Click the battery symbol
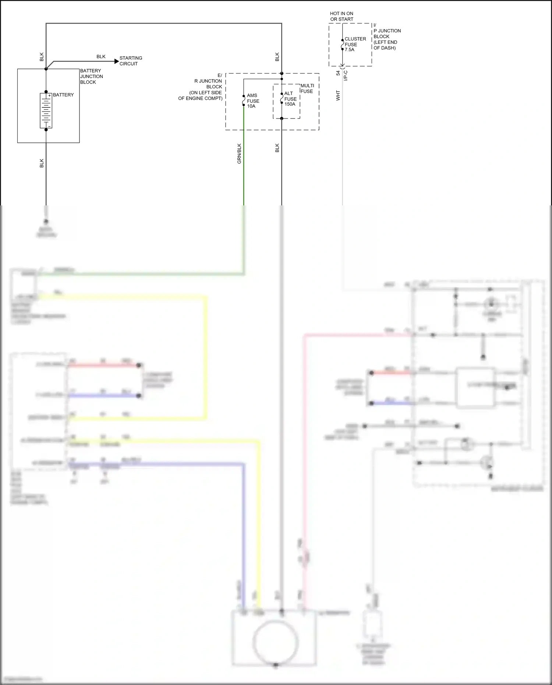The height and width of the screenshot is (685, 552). [x=46, y=110]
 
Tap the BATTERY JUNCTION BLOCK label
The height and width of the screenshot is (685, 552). [x=91, y=77]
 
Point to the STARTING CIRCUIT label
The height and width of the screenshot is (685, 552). [x=131, y=61]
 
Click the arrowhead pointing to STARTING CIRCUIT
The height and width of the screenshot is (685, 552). [x=117, y=61]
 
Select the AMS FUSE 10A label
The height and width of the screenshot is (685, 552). [x=253, y=101]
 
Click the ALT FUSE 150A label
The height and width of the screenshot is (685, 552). [x=290, y=99]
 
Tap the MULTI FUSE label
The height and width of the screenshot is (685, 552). [x=307, y=88]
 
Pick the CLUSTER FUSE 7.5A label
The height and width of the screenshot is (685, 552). [x=355, y=44]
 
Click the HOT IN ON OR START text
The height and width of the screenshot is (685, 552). [x=342, y=16]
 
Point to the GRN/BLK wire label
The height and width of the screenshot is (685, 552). [x=239, y=153]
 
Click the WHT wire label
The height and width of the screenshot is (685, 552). [x=338, y=96]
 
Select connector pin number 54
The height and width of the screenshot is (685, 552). [x=338, y=73]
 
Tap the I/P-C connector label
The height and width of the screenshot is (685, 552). [x=346, y=75]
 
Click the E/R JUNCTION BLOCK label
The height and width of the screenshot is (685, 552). [x=208, y=87]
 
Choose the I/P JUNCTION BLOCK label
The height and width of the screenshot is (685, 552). [x=387, y=37]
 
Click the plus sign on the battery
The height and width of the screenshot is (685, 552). [x=49, y=96]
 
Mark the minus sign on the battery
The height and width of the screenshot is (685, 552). [x=49, y=126]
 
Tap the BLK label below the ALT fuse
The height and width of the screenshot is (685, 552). [x=277, y=148]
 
